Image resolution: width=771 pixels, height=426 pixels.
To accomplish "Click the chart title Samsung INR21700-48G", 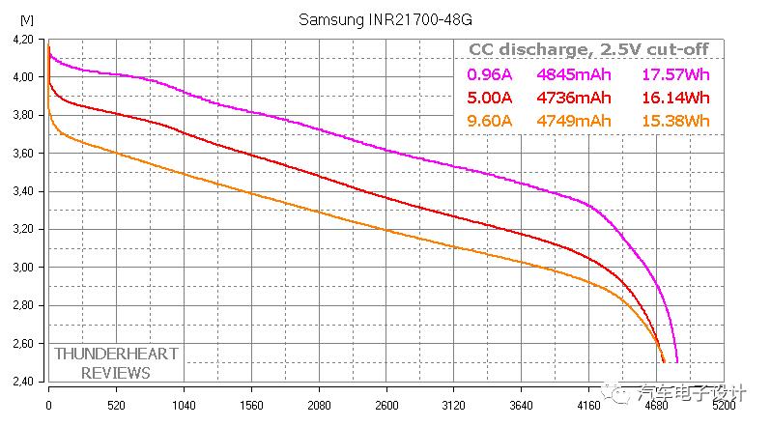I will pyautogui.click(x=385, y=19).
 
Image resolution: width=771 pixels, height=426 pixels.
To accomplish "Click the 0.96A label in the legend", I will pyautogui.click(x=491, y=74).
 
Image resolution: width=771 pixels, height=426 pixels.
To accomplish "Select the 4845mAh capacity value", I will pyautogui.click(x=575, y=74).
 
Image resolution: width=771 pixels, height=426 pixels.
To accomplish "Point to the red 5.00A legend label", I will pyautogui.click(x=491, y=98).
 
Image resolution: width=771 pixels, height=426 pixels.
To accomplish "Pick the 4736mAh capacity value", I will pyautogui.click(x=575, y=98).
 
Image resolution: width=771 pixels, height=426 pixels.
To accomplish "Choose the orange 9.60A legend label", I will pyautogui.click(x=491, y=121).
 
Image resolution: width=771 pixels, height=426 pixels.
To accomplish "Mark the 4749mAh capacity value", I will pyautogui.click(x=575, y=121).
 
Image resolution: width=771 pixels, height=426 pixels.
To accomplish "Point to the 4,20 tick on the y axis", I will pyautogui.click(x=22, y=40).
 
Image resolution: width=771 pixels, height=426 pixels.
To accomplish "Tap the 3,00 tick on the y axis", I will pyautogui.click(x=22, y=268).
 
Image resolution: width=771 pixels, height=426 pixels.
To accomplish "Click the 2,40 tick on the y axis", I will pyautogui.click(x=22, y=382).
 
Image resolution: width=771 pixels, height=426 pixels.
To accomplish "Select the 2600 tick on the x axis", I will pyautogui.click(x=386, y=406).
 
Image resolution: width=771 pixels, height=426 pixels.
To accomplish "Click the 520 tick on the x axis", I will pyautogui.click(x=116, y=406).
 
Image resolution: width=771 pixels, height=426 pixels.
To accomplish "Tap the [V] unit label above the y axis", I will pyautogui.click(x=25, y=20).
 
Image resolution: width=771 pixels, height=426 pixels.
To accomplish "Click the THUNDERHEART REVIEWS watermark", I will pyautogui.click(x=116, y=363).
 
